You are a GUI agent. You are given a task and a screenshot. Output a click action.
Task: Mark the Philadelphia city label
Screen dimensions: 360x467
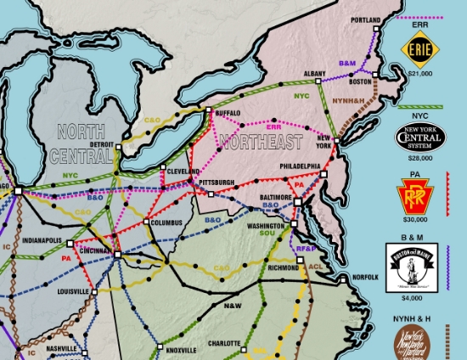pyautogui.click(x=295, y=166)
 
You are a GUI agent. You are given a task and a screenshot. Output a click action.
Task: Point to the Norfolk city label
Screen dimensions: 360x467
pyautogui.click(x=364, y=277)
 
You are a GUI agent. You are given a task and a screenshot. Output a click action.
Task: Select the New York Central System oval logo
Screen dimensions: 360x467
pyautogui.click(x=421, y=136)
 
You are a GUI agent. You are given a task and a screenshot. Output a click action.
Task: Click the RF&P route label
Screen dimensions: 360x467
pyautogui.click(x=307, y=247)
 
